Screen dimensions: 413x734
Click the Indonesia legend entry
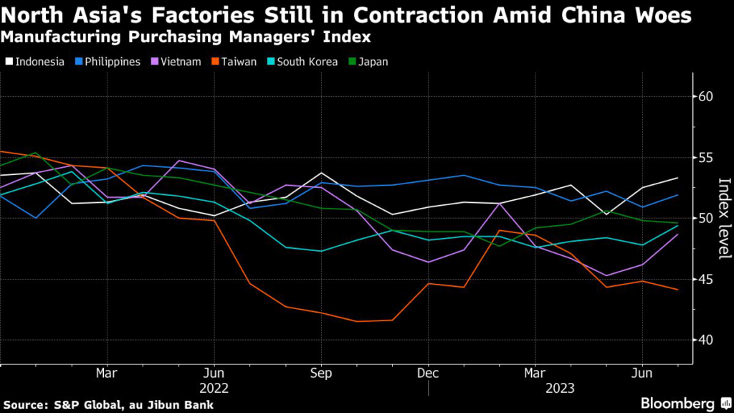click(x=39, y=62)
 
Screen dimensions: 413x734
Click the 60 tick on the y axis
click(x=705, y=96)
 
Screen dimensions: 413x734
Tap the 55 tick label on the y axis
click(x=705, y=157)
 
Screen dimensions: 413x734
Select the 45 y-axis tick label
click(x=705, y=279)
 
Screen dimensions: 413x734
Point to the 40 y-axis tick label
click(x=705, y=340)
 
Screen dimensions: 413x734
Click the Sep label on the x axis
click(x=320, y=374)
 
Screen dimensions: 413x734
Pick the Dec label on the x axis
click(x=427, y=374)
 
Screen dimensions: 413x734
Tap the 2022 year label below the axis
click(x=214, y=387)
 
